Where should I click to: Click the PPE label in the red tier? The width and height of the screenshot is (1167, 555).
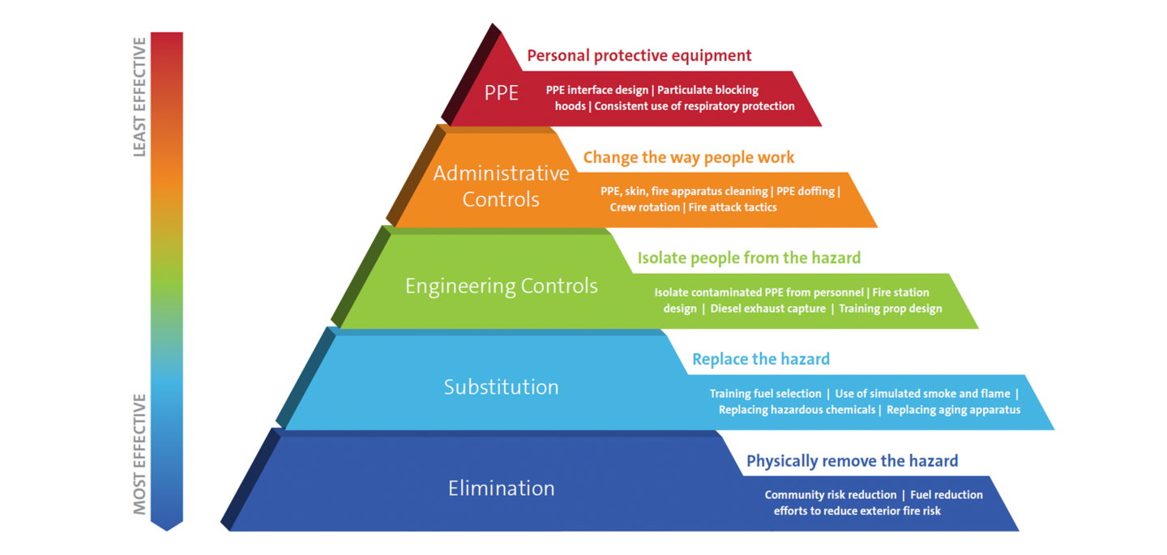pos(501,93)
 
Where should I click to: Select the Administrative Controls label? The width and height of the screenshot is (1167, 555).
pos(501,186)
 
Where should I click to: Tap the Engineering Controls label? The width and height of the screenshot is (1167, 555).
pos(501,286)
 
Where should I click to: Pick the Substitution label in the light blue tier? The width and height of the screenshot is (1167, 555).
pos(501,387)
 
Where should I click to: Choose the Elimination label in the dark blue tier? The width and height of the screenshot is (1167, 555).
pos(501,488)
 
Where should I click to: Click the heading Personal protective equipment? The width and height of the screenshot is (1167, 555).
pos(639,56)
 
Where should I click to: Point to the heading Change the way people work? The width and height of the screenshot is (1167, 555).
pos(688,157)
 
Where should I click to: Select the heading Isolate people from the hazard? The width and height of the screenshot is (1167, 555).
pos(749,258)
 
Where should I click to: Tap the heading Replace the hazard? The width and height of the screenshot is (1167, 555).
pos(760,359)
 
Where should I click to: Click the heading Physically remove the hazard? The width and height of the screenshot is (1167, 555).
pos(852,461)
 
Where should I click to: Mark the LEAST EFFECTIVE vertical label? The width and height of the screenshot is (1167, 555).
pos(139,96)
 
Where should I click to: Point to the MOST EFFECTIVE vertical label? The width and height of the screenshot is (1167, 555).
pos(139,454)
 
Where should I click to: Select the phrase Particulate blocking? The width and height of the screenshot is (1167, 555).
pos(707,90)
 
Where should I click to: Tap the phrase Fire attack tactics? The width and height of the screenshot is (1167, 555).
pos(733,207)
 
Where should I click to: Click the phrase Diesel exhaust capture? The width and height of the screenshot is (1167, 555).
pos(767,309)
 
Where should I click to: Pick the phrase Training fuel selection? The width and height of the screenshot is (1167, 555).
pos(765,394)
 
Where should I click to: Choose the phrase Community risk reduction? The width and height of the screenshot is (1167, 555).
pos(830,495)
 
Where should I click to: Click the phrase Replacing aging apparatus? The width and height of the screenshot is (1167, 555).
pos(953,410)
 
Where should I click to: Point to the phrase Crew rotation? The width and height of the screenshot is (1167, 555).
pos(644,207)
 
